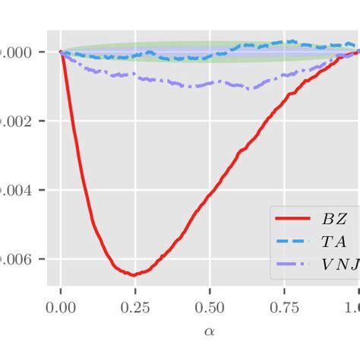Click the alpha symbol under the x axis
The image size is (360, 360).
tap(210, 332)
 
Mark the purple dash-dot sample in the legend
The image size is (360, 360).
tap(293, 267)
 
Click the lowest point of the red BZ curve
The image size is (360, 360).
tap(134, 275)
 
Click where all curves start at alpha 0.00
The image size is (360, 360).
tap(61, 52)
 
